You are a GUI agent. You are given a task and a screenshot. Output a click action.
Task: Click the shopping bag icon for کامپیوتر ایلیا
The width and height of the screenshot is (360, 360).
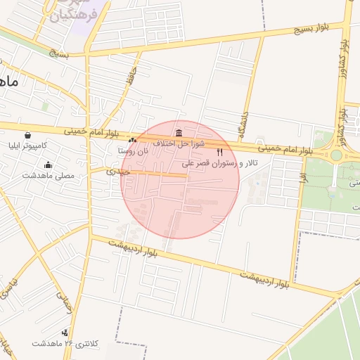click(x=27, y=136)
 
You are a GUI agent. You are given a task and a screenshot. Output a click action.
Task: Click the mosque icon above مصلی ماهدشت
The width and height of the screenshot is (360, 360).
click(x=48, y=165)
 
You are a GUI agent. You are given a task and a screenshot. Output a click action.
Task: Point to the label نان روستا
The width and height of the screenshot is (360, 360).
click(x=134, y=150)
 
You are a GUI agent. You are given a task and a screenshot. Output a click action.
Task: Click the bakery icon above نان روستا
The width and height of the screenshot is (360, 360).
click(x=132, y=141)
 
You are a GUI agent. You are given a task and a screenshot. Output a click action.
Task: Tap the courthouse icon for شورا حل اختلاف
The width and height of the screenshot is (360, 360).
click(x=179, y=133)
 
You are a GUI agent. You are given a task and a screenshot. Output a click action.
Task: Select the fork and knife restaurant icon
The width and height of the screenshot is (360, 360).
click(x=220, y=152)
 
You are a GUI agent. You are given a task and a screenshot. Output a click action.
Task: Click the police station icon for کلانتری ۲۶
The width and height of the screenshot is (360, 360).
click(x=65, y=333)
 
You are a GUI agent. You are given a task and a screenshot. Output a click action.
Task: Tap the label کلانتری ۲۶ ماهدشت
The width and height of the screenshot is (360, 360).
click(x=62, y=343)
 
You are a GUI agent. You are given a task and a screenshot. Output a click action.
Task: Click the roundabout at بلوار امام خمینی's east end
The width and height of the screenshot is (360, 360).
click(x=336, y=155)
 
